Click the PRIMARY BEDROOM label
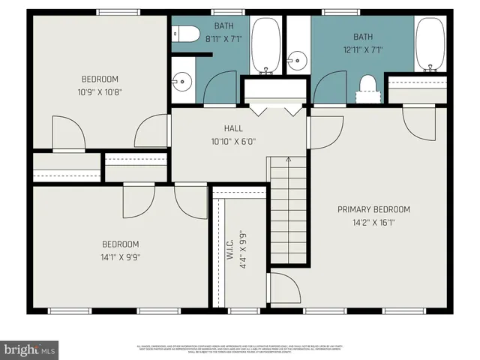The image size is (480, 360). pos(373,209)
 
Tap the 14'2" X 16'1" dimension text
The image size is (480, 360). pos(373,222)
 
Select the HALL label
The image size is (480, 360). pos(233,128)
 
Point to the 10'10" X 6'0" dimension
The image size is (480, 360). pos(233,140)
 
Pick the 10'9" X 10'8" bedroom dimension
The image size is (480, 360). pos(100,92)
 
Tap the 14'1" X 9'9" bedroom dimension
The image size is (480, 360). pos(121,257)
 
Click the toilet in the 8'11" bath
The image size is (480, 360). pos(184,34)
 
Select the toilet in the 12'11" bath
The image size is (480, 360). pos(367,86)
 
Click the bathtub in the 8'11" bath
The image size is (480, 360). pos(264,45)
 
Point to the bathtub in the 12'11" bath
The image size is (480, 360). pos(430,45)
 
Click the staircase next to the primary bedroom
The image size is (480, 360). pos(289,214)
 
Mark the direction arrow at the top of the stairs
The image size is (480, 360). pos(289,160)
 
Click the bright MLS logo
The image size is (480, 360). pos(30,349)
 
